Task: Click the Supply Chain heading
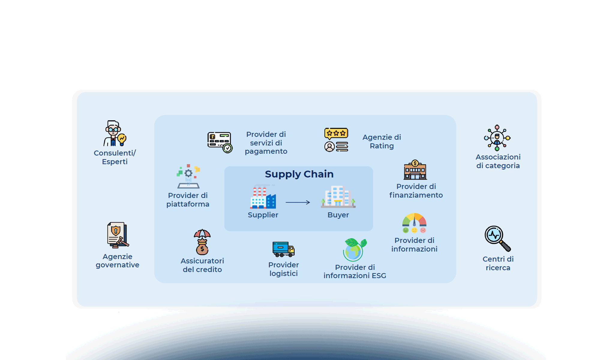(299, 174)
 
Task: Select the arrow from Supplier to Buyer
(298, 202)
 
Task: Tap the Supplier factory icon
(263, 197)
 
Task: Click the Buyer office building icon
(338, 197)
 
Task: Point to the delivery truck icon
(283, 249)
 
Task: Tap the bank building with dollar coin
(415, 170)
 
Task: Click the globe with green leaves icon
(354, 250)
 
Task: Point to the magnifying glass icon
(497, 238)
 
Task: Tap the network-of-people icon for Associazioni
(497, 138)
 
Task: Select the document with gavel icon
(117, 235)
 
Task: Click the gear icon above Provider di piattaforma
(188, 173)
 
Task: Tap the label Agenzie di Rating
(382, 142)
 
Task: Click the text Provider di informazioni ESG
(355, 271)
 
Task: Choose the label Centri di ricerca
(498, 263)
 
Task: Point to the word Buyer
(338, 215)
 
